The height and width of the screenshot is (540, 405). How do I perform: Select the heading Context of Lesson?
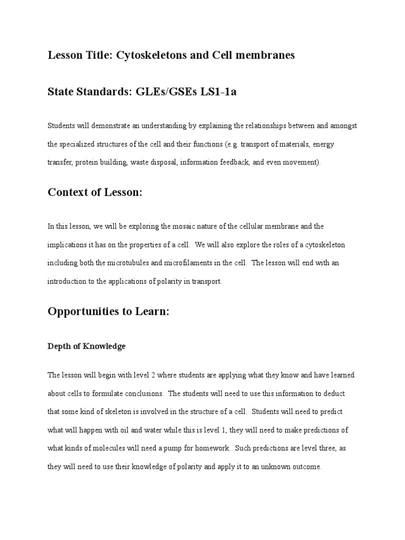tap(95, 192)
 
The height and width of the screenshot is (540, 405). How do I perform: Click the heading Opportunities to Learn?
tap(108, 311)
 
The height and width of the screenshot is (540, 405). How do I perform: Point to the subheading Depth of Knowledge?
tap(86, 346)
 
